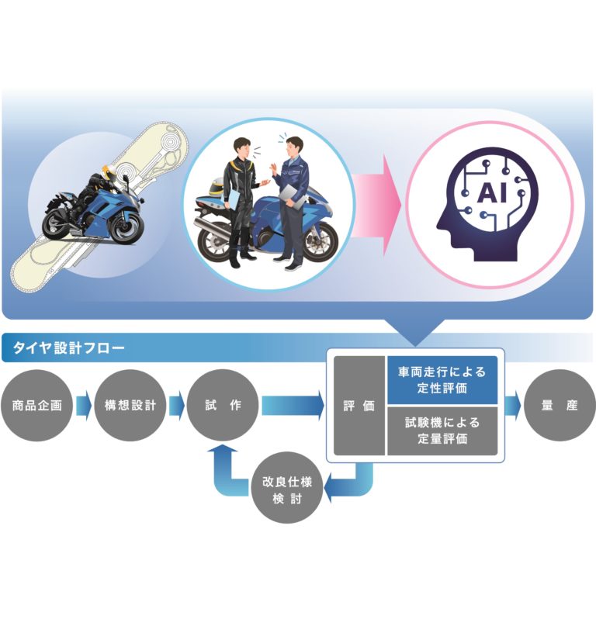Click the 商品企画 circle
36,405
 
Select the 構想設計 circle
130,405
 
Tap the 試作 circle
223,405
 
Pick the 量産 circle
560,405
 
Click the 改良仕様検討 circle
287,490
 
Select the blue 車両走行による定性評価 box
442,380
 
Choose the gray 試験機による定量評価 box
442,431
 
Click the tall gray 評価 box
359,406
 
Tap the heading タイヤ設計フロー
69,348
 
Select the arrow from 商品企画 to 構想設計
84,406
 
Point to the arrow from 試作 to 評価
293,406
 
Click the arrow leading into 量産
513,406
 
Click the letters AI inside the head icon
492,193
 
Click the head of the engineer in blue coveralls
294,147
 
